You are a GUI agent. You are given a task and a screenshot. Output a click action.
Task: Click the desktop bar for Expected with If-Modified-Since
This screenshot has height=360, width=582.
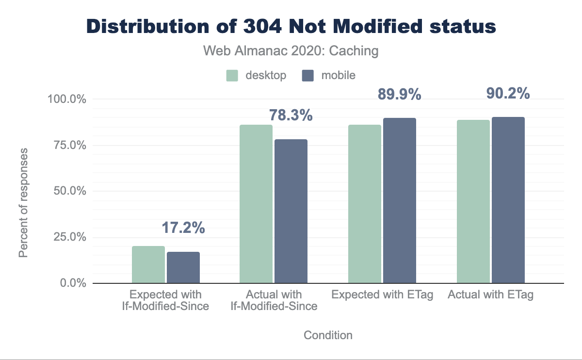(148, 264)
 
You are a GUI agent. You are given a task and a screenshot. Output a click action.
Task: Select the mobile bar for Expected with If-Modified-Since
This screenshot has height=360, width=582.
(183, 267)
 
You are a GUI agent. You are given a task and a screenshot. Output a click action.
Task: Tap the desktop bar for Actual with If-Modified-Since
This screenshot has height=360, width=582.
(256, 204)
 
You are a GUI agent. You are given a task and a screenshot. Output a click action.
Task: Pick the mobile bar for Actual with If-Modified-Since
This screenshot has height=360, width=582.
(291, 211)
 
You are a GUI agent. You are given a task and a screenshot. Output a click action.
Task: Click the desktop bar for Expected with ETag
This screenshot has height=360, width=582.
(365, 204)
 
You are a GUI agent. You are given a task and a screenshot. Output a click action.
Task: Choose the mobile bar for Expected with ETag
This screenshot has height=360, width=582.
(400, 200)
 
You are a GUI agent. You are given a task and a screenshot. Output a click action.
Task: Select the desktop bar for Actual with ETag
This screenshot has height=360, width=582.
(473, 201)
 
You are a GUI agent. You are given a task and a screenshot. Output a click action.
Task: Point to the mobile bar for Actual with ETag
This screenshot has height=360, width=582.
(508, 200)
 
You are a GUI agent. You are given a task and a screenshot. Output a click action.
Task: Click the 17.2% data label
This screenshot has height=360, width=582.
(183, 228)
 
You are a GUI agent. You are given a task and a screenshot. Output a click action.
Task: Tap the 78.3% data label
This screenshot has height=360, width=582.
(291, 115)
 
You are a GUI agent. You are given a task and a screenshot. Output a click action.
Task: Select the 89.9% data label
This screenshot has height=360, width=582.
(400, 95)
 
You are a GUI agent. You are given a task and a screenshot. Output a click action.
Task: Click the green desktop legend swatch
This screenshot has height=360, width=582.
(232, 75)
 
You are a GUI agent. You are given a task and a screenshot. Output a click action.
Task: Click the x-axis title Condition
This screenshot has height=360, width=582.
(328, 335)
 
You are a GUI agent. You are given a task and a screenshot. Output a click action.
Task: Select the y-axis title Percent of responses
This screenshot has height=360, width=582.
(23, 203)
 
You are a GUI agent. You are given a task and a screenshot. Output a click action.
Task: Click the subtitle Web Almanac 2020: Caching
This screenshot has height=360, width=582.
(291, 50)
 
